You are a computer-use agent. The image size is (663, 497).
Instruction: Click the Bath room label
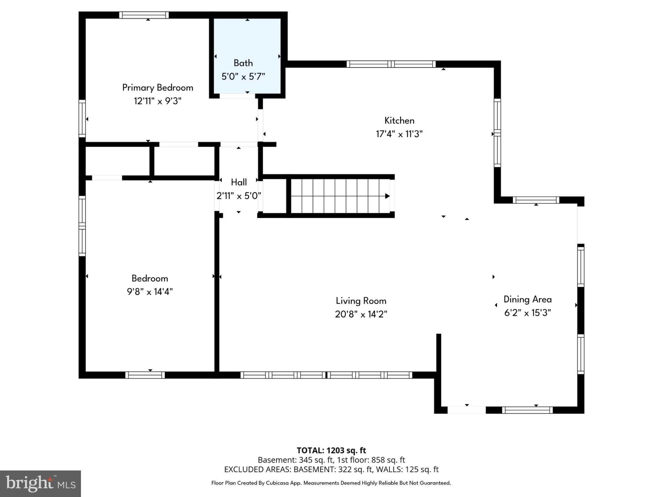pyautogui.click(x=243, y=63)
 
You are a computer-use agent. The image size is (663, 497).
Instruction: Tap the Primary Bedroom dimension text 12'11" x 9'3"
pyautogui.click(x=157, y=101)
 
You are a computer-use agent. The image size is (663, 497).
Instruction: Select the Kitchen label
pyautogui.click(x=399, y=120)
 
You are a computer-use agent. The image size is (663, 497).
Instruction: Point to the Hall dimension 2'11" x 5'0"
pyautogui.click(x=239, y=196)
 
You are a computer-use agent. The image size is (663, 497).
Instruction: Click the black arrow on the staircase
pyautogui.click(x=387, y=196)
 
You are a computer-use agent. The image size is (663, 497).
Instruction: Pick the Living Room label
pyautogui.click(x=361, y=301)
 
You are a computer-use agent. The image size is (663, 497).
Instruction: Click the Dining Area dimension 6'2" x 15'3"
pyautogui.click(x=527, y=313)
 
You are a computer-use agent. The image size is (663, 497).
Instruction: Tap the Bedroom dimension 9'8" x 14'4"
pyautogui.click(x=150, y=292)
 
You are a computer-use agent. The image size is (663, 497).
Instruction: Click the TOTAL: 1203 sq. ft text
pyautogui.click(x=331, y=450)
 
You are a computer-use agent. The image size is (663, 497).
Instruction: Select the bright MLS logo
pyautogui.click(x=40, y=484)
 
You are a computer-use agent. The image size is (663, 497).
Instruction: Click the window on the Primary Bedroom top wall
pyautogui.click(x=144, y=15)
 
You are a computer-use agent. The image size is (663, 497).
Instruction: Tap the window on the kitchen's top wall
pyautogui.click(x=391, y=64)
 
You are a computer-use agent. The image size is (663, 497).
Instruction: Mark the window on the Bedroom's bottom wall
pyautogui.click(x=145, y=375)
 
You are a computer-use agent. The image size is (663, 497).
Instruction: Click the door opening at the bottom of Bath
pyautogui.click(x=237, y=96)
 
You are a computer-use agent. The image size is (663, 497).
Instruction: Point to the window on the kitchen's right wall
pyautogui.click(x=497, y=133)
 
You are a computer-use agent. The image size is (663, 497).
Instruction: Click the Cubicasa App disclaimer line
pyautogui.click(x=331, y=483)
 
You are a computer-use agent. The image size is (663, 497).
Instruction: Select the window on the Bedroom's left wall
pyautogui.click(x=82, y=226)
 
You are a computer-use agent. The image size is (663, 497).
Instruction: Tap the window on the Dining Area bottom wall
pyautogui.click(x=527, y=410)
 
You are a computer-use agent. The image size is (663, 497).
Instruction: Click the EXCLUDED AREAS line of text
pyautogui.click(x=331, y=469)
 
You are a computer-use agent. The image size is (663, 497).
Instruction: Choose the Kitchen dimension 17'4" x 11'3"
pyautogui.click(x=399, y=134)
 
